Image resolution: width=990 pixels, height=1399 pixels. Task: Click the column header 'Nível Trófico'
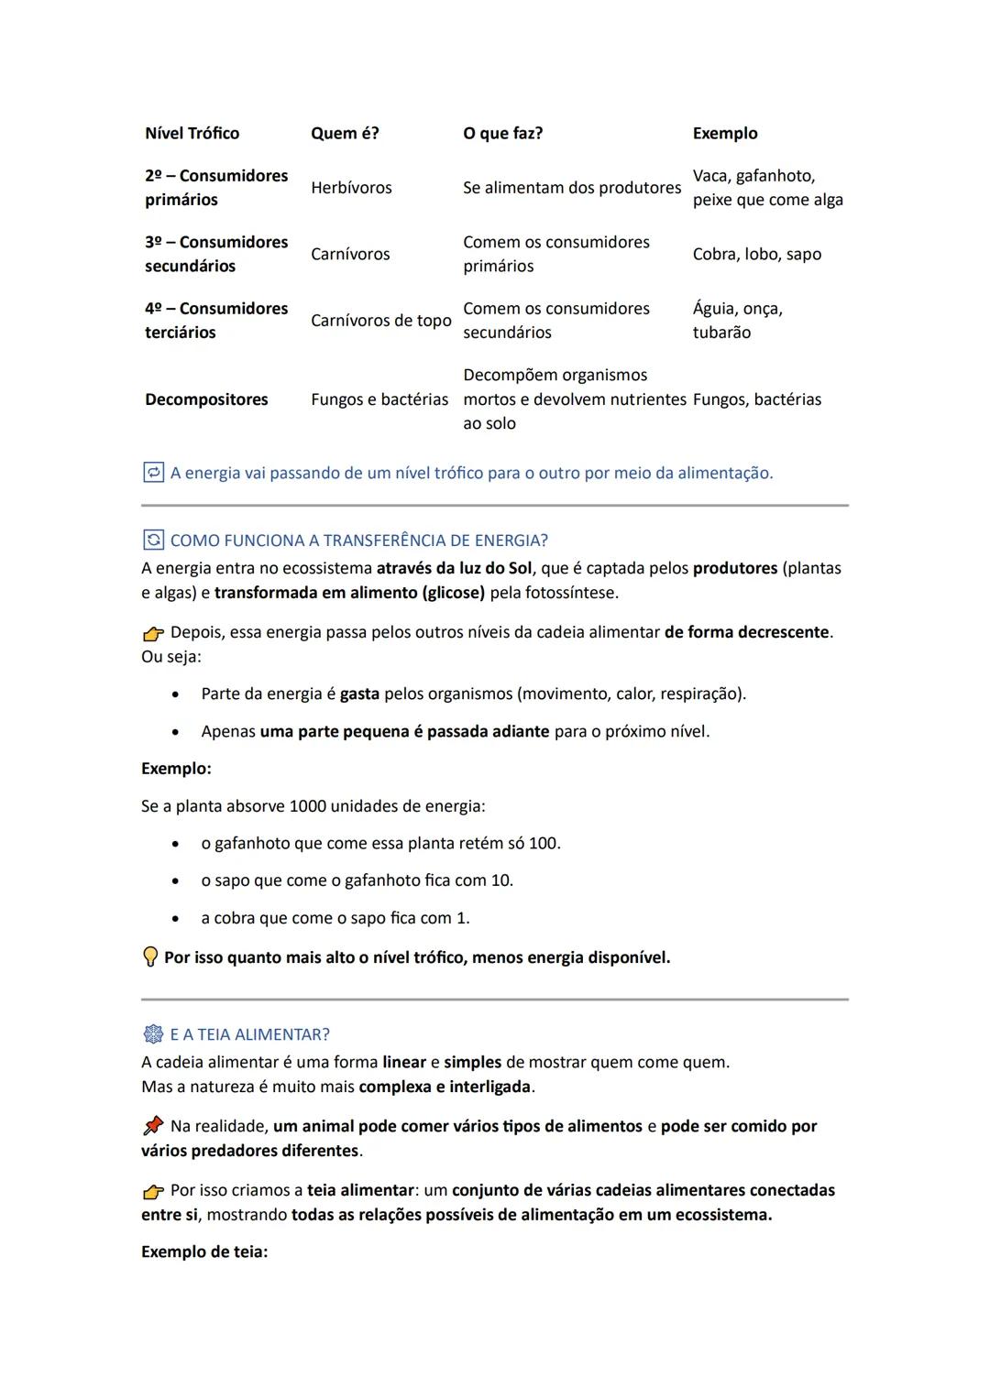coord(192,133)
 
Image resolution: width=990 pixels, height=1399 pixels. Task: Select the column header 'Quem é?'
coord(344,133)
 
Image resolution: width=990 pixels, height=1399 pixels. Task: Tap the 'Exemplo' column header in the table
coord(724,133)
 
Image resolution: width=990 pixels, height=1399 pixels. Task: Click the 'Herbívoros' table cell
coord(351,188)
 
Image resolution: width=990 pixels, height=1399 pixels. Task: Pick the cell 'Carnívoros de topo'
coord(380,321)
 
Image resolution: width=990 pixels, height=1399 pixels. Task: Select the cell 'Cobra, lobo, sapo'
coord(756,254)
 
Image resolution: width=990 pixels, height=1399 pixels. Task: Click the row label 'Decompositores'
coord(206,399)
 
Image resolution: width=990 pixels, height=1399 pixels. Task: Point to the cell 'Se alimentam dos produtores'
coord(572,188)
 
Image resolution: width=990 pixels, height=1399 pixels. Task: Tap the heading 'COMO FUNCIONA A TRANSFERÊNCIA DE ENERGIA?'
coord(358,541)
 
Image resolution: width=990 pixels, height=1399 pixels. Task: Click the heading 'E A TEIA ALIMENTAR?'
coord(249,1034)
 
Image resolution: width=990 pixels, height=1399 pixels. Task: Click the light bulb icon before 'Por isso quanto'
coord(150,957)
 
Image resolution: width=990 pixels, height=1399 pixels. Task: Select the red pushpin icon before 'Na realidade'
coord(153,1126)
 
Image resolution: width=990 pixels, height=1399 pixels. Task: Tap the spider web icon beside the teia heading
coord(153,1034)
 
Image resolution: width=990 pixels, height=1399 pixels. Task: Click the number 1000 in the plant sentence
coord(307,806)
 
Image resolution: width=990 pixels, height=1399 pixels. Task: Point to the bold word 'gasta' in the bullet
coord(359,694)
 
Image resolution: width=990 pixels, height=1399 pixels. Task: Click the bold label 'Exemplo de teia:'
coord(204,1251)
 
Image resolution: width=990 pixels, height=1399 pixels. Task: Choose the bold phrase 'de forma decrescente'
coord(746,632)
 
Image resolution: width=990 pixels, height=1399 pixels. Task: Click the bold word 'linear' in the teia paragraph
coord(404,1062)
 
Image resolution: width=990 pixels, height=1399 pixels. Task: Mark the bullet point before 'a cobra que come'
coord(175,918)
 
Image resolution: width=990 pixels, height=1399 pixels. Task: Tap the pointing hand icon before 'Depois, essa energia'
coord(153,633)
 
